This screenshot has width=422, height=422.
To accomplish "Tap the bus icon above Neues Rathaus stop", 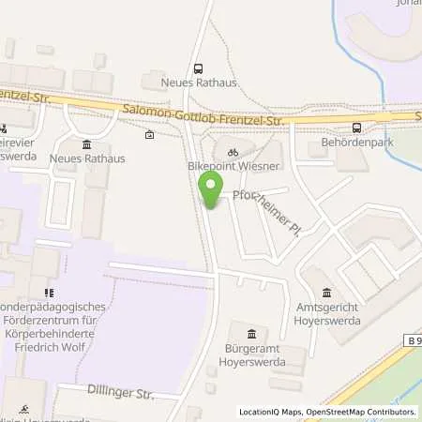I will point(198,68).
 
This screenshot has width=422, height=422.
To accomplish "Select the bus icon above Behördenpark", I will point(356,128).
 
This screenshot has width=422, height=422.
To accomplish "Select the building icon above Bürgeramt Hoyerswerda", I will point(250,334).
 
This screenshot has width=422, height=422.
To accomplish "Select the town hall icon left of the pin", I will point(87,143).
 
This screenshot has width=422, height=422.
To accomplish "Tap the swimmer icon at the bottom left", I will point(26,409).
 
